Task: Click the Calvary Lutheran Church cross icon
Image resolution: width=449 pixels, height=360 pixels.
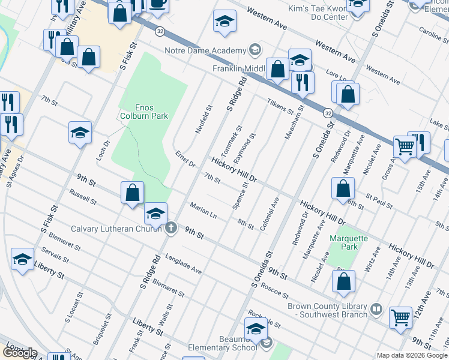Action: (172, 227)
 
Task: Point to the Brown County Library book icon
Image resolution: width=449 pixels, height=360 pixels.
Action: (376, 310)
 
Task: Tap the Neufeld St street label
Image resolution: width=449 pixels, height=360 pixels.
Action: (204, 120)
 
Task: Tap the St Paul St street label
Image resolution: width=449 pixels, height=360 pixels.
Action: (378, 201)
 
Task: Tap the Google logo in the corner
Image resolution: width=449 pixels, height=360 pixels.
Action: (20, 353)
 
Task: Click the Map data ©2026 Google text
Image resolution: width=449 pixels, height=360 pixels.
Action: (412, 355)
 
